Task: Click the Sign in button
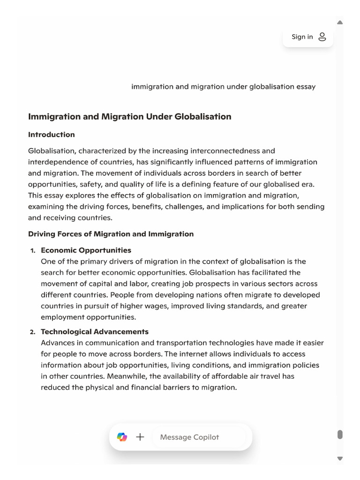coord(307,37)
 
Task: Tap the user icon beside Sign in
coord(322,37)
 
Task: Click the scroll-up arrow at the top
coord(340,22)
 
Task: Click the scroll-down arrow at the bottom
coord(340,458)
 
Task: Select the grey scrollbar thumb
coord(340,435)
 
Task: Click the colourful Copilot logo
coord(122,437)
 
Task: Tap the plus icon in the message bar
coord(140,437)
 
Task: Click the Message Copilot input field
coord(197,437)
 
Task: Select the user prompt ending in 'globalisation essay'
coord(223,87)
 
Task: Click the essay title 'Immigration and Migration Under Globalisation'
coord(129,117)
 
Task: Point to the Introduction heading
coord(51,135)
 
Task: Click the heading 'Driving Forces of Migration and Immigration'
coord(111,234)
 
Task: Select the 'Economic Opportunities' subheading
coord(86,250)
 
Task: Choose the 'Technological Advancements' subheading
coord(95,332)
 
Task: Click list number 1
coord(32,251)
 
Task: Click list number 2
coord(32,332)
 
